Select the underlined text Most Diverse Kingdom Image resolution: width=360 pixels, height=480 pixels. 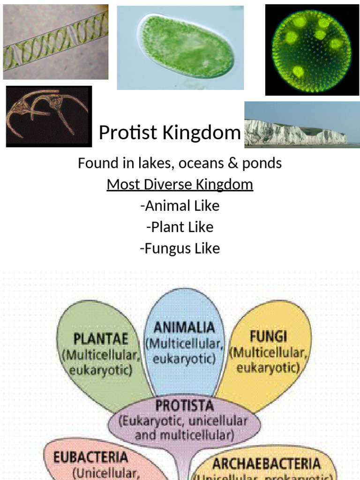180,184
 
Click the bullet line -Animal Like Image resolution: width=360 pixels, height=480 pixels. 180,206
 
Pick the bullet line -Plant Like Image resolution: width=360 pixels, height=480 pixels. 180,227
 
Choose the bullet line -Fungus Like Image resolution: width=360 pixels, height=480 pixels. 180,248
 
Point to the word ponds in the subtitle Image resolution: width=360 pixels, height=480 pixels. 262,163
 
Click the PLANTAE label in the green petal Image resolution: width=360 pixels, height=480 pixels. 100,338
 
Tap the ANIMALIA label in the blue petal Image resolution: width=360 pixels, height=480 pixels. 185,327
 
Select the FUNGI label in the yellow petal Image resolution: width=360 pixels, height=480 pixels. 268,337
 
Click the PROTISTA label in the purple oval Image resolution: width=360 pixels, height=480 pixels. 184,405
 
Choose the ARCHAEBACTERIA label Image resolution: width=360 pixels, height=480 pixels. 267,464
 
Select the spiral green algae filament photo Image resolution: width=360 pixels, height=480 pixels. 55,42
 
